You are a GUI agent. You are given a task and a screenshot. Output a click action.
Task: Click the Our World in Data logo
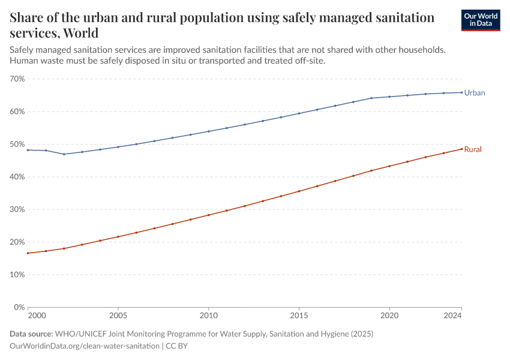click(480, 20)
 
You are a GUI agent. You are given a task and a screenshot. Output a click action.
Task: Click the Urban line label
click(475, 93)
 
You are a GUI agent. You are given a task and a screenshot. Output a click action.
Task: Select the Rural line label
click(473, 149)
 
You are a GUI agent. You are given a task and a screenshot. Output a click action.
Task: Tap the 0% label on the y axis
click(19, 307)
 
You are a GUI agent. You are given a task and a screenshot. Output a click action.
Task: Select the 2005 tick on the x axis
click(118, 315)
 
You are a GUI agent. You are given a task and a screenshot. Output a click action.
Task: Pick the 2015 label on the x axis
click(299, 315)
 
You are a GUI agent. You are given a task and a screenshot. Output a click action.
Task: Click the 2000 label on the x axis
click(36, 315)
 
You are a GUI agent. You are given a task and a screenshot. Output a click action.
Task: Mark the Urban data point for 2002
click(64, 154)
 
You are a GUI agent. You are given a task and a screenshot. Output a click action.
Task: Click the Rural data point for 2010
click(208, 215)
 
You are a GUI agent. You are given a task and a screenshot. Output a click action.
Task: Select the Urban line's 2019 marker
click(371, 98)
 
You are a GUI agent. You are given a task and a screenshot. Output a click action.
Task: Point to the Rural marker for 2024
click(461, 149)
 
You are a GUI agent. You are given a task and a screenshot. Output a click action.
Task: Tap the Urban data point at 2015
click(299, 113)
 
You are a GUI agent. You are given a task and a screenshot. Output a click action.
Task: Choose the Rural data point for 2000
click(28, 253)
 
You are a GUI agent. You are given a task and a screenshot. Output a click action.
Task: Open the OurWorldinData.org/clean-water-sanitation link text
click(85, 346)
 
